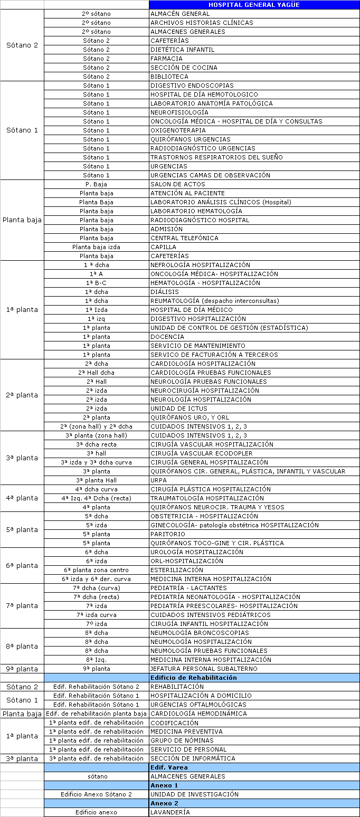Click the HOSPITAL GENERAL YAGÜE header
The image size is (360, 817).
click(253, 5)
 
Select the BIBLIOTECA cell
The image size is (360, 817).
click(169, 77)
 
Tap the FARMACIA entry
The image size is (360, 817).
click(166, 59)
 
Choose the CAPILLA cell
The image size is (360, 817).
click(163, 247)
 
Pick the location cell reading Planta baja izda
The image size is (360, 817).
click(97, 247)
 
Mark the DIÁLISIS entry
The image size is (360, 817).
click(165, 292)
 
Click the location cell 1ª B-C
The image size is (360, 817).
click(97, 283)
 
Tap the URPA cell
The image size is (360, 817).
click(158, 480)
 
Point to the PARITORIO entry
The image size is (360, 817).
click(168, 534)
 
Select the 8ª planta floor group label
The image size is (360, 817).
click(22, 646)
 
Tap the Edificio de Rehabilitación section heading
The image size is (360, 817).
click(194, 678)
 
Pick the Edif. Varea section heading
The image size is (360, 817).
click(169, 767)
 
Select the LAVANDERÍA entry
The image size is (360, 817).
click(170, 812)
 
